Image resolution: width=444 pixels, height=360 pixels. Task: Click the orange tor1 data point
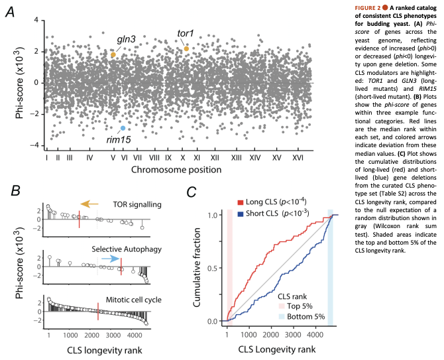coord(187,48)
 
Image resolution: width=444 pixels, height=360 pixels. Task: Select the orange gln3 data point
coord(113,54)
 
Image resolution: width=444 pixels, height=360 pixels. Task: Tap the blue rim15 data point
coord(123,128)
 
